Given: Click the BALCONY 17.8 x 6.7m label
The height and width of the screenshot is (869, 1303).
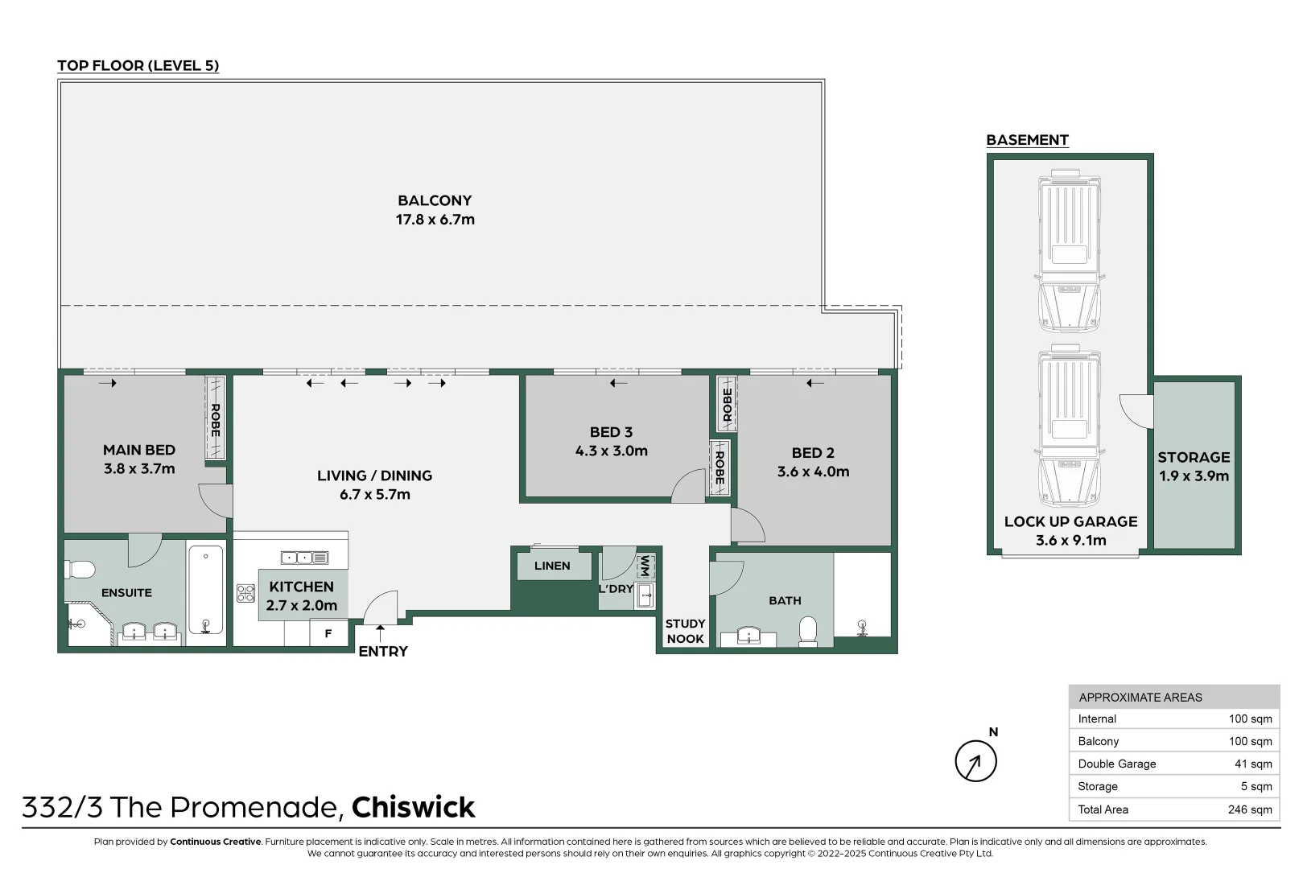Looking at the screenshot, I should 435,210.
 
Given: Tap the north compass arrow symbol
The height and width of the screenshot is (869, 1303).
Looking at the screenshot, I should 975,761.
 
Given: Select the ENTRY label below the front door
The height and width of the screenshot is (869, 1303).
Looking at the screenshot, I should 383,651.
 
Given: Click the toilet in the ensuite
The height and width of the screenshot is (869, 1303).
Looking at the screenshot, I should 80,570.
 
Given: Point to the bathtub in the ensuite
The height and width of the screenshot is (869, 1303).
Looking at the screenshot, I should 206,590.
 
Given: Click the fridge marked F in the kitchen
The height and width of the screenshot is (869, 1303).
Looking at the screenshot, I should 328,633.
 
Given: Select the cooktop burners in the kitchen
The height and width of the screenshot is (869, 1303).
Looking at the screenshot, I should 245,593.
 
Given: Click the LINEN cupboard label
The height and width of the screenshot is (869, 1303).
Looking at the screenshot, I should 552,566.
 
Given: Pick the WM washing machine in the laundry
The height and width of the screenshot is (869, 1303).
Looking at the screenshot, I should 645,566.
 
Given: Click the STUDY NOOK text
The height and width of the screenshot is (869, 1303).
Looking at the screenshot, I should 685,631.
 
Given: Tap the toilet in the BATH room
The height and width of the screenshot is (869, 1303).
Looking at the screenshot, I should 807,630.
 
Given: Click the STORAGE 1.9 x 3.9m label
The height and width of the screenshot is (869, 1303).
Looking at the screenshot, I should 1194,466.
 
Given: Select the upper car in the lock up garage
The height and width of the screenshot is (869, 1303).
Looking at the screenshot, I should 1070,250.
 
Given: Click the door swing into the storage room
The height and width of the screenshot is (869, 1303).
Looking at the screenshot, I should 1137,410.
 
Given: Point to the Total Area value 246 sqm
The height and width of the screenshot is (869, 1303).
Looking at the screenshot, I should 1249,809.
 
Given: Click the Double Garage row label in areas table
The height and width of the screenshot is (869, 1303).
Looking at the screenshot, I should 1116,764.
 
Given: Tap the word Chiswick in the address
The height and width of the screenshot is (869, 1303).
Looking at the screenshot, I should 413,807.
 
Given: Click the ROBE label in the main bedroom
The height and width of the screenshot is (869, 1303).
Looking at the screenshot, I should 215,419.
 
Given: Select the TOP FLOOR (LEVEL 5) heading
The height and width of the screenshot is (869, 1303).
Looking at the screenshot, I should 138,66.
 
